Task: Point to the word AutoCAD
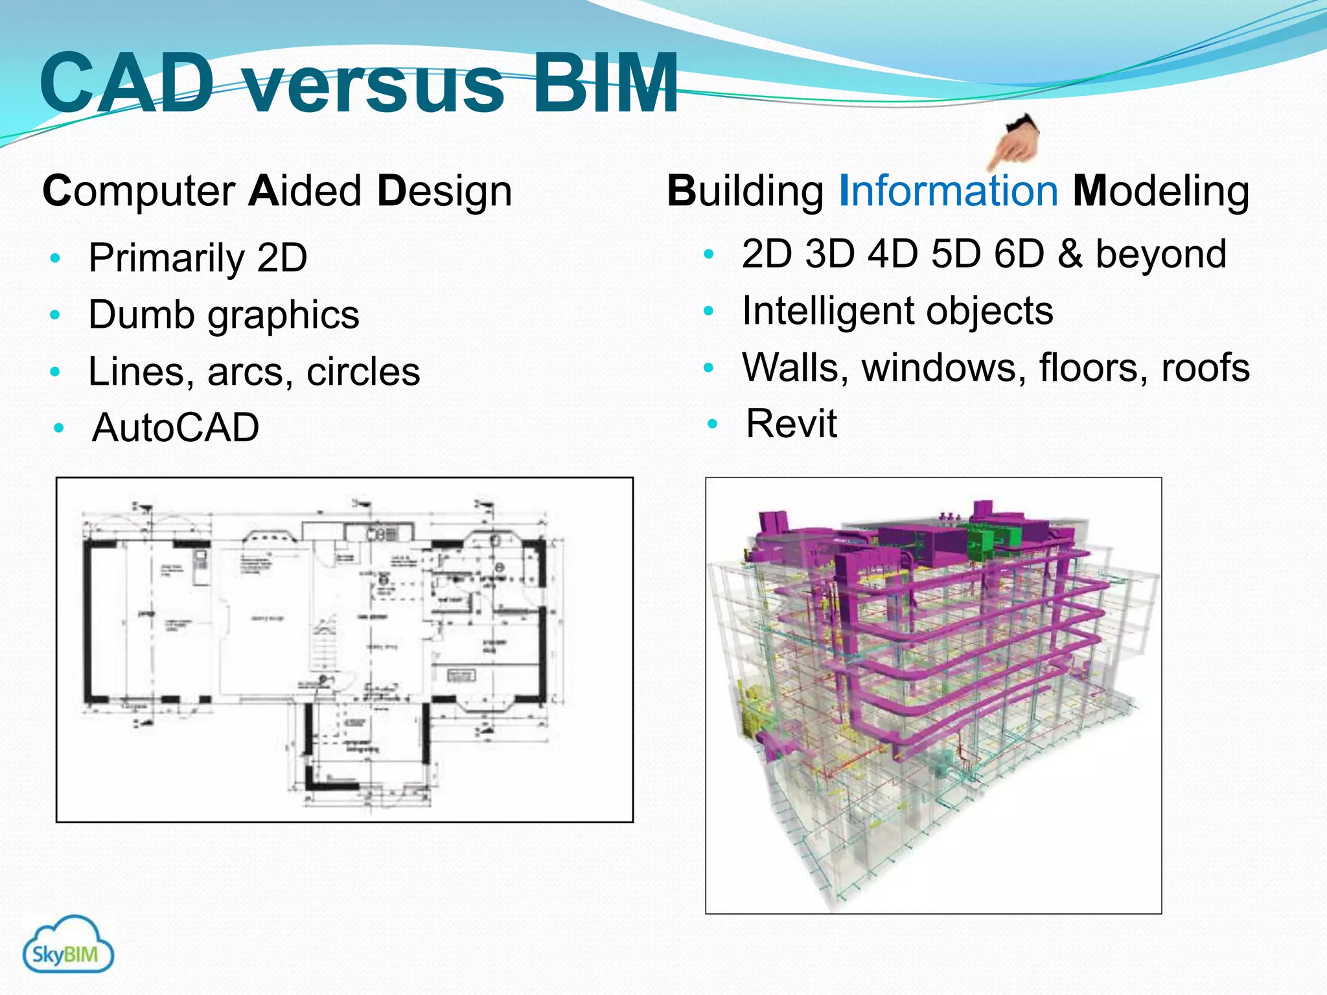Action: tap(176, 428)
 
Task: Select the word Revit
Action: tap(791, 424)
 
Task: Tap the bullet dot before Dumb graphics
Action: tap(55, 315)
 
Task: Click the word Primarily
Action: tap(166, 258)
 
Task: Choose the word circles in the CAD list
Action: tap(363, 372)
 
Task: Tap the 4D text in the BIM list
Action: tap(892, 253)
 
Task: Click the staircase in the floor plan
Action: tap(324, 645)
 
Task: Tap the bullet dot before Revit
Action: tap(713, 424)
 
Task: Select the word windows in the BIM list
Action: tap(943, 367)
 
